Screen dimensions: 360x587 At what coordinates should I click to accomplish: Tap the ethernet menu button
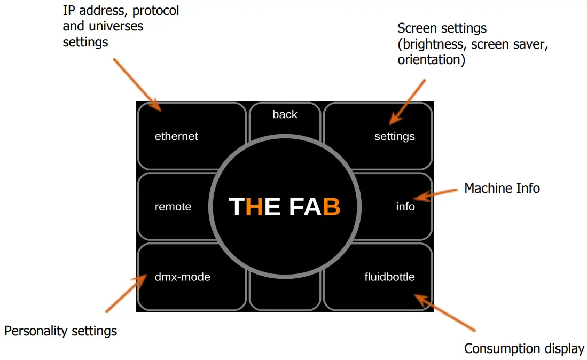click(x=176, y=136)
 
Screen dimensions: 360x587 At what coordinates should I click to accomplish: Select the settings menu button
click(x=394, y=136)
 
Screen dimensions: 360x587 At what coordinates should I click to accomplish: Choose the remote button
click(x=173, y=207)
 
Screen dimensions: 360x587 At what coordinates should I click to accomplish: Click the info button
click(x=405, y=207)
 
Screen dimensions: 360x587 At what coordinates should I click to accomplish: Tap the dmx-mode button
click(x=182, y=277)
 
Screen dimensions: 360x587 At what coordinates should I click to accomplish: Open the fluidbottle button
click(x=389, y=277)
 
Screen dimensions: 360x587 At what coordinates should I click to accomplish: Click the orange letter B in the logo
click(x=331, y=207)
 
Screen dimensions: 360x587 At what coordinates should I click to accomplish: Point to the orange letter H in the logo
click(x=254, y=207)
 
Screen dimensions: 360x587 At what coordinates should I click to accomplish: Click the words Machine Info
click(x=502, y=188)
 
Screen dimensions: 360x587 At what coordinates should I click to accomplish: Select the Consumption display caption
click(x=524, y=349)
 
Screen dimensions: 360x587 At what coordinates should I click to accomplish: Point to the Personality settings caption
click(x=60, y=331)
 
